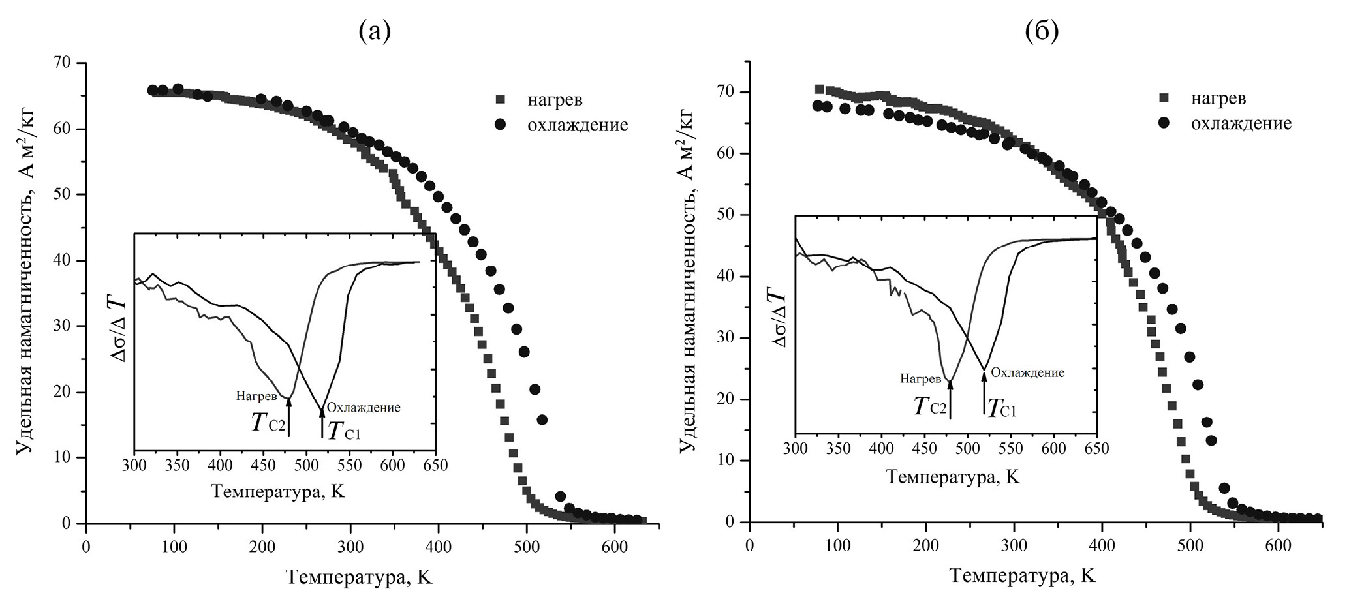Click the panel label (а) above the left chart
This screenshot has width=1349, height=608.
375,31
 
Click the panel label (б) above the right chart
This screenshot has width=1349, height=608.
1042,31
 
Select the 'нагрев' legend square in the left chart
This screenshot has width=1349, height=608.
501,99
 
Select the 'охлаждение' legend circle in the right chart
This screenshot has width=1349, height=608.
1164,123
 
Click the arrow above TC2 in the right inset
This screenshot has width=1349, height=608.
950,399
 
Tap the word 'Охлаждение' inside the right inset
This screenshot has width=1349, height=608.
1027,372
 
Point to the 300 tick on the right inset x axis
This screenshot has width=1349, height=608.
795,449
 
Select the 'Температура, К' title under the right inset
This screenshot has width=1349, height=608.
953,477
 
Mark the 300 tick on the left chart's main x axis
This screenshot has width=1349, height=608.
350,546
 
